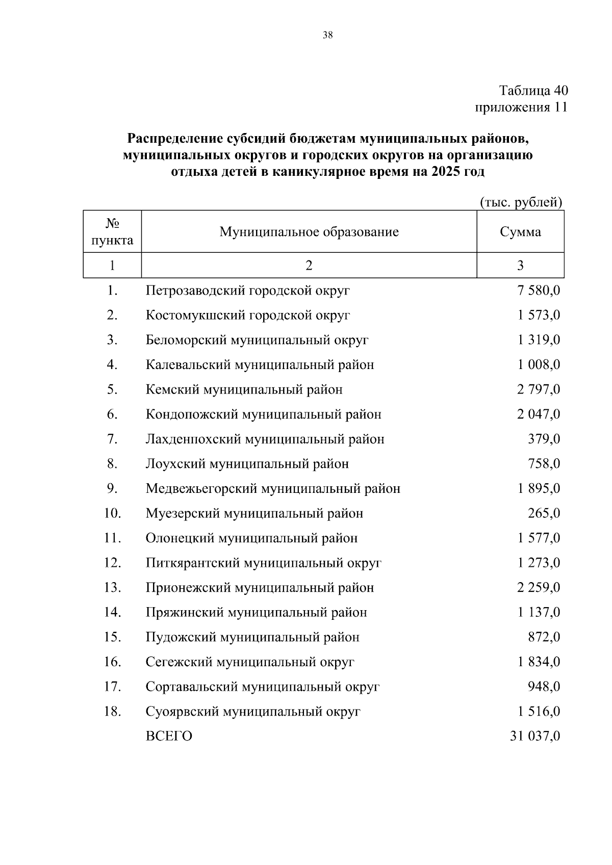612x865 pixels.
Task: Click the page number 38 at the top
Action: [x=327, y=35]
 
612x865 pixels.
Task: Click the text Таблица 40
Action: [x=533, y=91]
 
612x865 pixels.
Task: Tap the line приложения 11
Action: [x=521, y=108]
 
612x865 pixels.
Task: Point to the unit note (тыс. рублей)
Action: [x=521, y=202]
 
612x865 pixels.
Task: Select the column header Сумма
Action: [x=520, y=232]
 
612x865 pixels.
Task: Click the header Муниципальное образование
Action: [x=309, y=232]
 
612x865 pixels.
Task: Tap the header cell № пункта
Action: [x=112, y=232]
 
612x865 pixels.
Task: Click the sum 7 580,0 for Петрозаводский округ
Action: [x=539, y=291]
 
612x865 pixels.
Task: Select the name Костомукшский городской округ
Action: [x=248, y=316]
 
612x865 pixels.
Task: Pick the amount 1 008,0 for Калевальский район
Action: [x=539, y=365]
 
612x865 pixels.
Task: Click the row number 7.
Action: [x=112, y=439]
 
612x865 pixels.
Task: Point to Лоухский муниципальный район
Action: [x=247, y=464]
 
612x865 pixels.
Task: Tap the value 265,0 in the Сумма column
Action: [x=544, y=513]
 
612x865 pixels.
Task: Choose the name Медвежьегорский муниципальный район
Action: [x=273, y=489]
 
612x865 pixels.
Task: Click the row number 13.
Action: [x=112, y=588]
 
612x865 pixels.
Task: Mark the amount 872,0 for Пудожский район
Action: [x=544, y=637]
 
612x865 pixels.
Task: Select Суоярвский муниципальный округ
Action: [x=253, y=712]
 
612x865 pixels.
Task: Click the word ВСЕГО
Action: [x=169, y=737]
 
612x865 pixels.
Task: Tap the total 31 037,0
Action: [x=535, y=737]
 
